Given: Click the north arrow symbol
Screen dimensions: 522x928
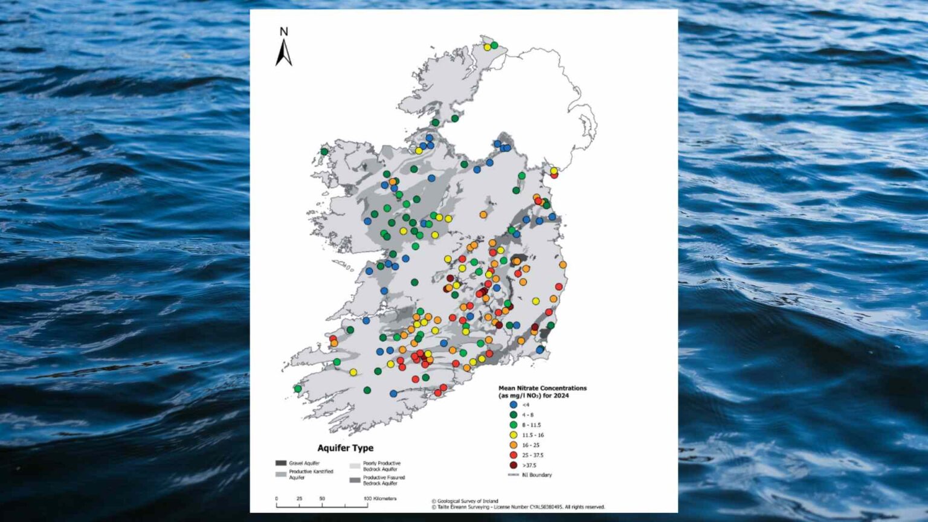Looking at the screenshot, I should pyautogui.click(x=283, y=53).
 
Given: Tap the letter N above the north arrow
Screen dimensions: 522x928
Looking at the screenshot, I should pyautogui.click(x=284, y=32).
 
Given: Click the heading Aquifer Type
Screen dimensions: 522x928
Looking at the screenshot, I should pyautogui.click(x=345, y=448).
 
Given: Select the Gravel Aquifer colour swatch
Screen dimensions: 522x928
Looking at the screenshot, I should pyautogui.click(x=281, y=463).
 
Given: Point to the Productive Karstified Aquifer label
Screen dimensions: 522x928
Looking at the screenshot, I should pyautogui.click(x=311, y=474).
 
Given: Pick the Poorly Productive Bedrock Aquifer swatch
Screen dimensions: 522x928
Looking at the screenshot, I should pyautogui.click(x=355, y=466).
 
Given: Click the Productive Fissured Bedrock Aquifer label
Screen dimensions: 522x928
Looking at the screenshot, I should pyautogui.click(x=384, y=480).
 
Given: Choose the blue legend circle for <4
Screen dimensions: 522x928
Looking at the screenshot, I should pyautogui.click(x=514, y=405).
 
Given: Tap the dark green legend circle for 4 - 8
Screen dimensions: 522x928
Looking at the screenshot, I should pyautogui.click(x=514, y=415).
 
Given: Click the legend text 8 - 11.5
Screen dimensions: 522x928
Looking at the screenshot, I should pyautogui.click(x=532, y=425).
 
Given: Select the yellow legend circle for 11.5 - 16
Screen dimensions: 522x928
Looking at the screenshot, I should pyautogui.click(x=514, y=435).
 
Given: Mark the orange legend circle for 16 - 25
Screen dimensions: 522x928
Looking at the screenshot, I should pyautogui.click(x=514, y=445).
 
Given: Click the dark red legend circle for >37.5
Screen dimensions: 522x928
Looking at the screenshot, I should pyautogui.click(x=514, y=465).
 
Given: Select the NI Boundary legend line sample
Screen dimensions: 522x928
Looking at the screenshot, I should pyautogui.click(x=514, y=475).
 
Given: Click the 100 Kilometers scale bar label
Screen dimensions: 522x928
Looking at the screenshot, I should pyautogui.click(x=381, y=498).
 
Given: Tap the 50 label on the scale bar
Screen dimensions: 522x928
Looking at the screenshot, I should pyautogui.click(x=322, y=498).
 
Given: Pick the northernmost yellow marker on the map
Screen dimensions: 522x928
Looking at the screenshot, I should pyautogui.click(x=487, y=47).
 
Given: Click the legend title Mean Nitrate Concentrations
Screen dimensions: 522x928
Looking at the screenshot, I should pyautogui.click(x=542, y=388).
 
